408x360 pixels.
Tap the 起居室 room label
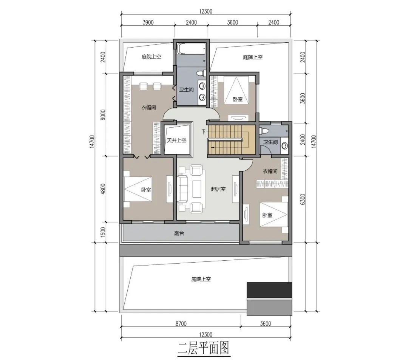(218, 189)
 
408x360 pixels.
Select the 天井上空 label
(176, 141)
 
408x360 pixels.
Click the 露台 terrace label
(179, 234)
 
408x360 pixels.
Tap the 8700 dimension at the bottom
(180, 324)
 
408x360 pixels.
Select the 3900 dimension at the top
(148, 23)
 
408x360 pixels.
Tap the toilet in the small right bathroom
(264, 131)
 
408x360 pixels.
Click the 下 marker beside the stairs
(204, 132)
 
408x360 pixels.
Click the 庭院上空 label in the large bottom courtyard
(201, 280)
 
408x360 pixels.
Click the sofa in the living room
(183, 188)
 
